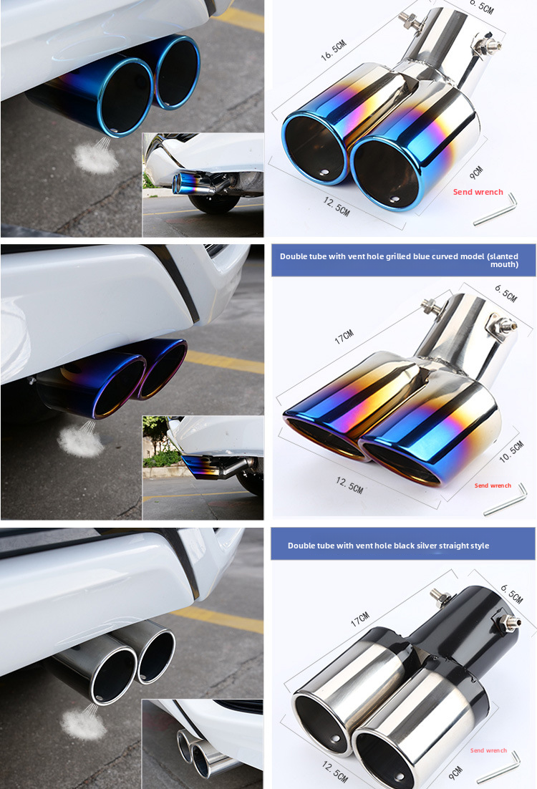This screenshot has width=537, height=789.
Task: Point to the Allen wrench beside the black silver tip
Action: (x=499, y=767)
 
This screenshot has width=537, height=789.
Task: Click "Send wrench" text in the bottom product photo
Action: (x=488, y=750)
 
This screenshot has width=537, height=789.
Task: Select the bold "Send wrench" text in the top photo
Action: (x=478, y=192)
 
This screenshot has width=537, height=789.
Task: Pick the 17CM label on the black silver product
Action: (x=359, y=619)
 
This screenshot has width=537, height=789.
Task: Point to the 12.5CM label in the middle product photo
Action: (x=349, y=485)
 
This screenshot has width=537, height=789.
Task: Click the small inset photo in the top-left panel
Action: (x=203, y=184)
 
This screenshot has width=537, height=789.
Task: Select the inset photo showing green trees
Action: (x=203, y=467)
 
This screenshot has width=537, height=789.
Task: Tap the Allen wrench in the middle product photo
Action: (x=505, y=500)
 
